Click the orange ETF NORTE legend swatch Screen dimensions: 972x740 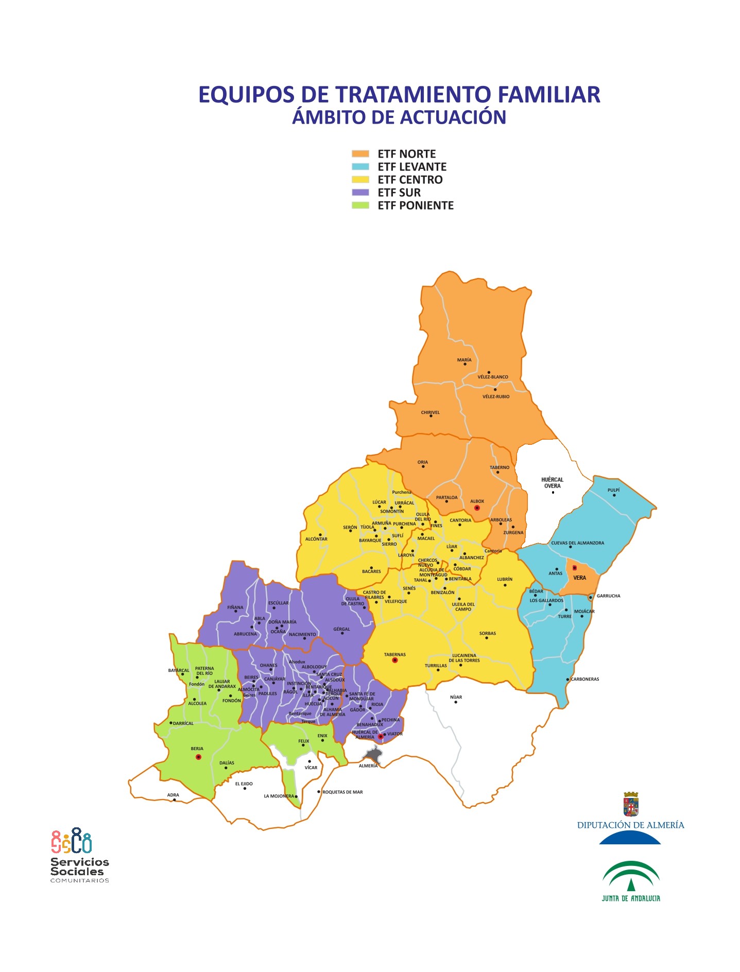pyautogui.click(x=360, y=154)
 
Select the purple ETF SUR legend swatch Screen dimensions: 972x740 pyautogui.click(x=360, y=193)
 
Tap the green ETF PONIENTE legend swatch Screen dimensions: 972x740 pyautogui.click(x=360, y=205)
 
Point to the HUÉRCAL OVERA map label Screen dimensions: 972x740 pyautogui.click(x=552, y=482)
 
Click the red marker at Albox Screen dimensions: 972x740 pyautogui.click(x=477, y=508)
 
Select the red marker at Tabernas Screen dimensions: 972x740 pyautogui.click(x=395, y=660)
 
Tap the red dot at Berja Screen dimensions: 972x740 pyautogui.click(x=198, y=757)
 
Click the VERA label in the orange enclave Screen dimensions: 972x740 pyautogui.click(x=580, y=578)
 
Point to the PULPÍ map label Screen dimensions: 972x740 pyautogui.click(x=613, y=490)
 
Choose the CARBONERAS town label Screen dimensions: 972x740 pyautogui.click(x=585, y=679)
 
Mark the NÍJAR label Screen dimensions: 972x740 pyautogui.click(x=456, y=697)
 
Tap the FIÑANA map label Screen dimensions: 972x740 pyautogui.click(x=235, y=607)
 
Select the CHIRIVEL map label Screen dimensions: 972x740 pyautogui.click(x=431, y=412)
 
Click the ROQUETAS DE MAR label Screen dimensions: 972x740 pyautogui.click(x=342, y=792)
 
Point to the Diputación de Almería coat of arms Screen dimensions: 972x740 pyautogui.click(x=631, y=804)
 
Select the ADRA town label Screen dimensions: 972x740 pyautogui.click(x=173, y=795)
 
